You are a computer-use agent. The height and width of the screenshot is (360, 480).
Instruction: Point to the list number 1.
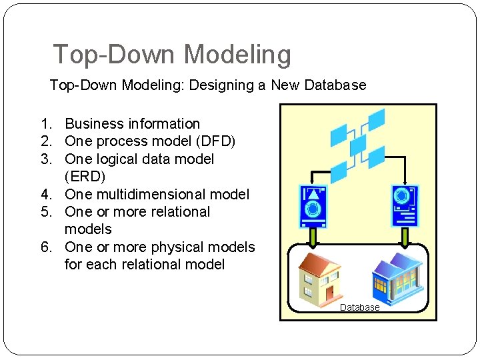click(x=45, y=124)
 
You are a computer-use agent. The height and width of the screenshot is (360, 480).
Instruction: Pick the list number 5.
click(x=45, y=212)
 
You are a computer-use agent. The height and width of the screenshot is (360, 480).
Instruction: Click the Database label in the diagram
click(x=359, y=307)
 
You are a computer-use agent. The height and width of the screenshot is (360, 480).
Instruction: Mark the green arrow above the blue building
click(x=404, y=236)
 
